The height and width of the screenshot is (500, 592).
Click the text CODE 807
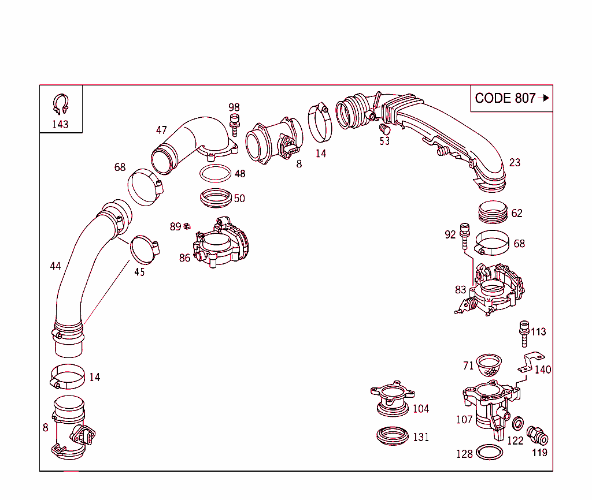(x=505, y=98)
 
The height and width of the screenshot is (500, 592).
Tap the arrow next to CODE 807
(x=543, y=98)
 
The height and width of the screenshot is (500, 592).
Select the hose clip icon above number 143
(x=61, y=105)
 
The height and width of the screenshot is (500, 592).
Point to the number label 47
(x=161, y=130)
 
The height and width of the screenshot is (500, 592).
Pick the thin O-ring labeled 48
(x=216, y=172)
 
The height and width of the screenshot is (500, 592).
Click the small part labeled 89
(x=187, y=226)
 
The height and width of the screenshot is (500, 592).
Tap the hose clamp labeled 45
(x=144, y=249)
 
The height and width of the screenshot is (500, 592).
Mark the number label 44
(x=55, y=266)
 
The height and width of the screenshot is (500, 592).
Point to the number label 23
(x=515, y=162)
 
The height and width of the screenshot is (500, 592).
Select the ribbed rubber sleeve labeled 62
(x=493, y=212)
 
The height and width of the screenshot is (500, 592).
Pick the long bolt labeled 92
(x=463, y=236)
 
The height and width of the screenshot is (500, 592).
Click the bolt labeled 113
(x=524, y=332)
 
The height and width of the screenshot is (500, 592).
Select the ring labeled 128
(x=489, y=453)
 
